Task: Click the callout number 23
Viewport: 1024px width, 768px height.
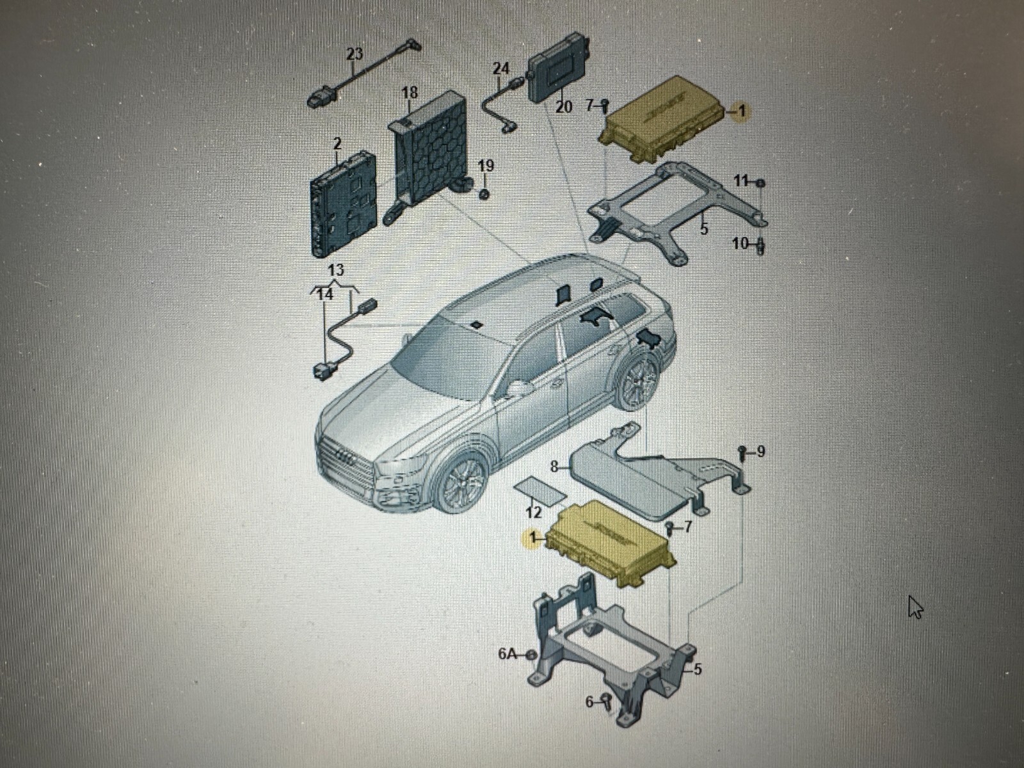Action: click(355, 54)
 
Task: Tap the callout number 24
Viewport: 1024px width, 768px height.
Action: click(501, 69)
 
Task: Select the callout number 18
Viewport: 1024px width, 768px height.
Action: click(410, 92)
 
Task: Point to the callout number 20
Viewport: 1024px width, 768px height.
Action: click(564, 108)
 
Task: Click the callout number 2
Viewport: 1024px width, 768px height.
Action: click(337, 143)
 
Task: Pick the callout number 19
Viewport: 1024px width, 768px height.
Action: click(486, 166)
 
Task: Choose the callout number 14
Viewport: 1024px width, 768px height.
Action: click(325, 294)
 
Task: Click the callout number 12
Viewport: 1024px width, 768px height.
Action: click(533, 513)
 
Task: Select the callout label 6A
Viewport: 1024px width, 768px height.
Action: click(508, 654)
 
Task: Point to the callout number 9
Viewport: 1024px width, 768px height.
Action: click(760, 451)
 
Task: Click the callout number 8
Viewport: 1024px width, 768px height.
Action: click(554, 467)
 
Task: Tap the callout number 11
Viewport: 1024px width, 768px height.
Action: click(742, 180)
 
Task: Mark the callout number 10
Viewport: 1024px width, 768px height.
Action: click(741, 243)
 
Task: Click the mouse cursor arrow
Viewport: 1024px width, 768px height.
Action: click(916, 608)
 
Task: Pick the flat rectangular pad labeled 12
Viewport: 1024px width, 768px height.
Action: click(540, 492)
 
